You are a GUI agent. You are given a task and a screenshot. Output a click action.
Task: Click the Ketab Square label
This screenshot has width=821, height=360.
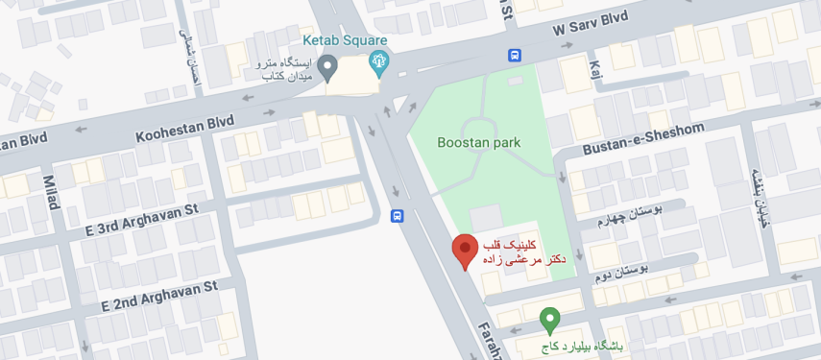click(345, 40)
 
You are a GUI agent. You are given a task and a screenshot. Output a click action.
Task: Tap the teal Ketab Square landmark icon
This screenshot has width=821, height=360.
click(379, 64)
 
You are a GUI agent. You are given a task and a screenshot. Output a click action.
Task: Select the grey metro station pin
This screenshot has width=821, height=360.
click(327, 67)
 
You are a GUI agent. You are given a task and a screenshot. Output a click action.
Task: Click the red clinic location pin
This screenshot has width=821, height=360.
click(465, 251)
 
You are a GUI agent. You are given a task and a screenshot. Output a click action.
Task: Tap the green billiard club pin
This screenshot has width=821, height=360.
click(549, 319)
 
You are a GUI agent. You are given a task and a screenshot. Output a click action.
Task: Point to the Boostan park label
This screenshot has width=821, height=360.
click(478, 143)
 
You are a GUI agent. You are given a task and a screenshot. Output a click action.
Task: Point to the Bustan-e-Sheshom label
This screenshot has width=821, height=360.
click(643, 139)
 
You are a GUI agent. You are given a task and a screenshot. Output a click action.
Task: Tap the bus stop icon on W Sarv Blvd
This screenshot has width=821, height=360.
click(515, 56)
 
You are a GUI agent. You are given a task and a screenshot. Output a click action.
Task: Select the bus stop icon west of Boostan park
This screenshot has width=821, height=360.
click(397, 217)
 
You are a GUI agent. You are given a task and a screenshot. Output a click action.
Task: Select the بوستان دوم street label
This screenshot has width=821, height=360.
click(622, 272)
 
